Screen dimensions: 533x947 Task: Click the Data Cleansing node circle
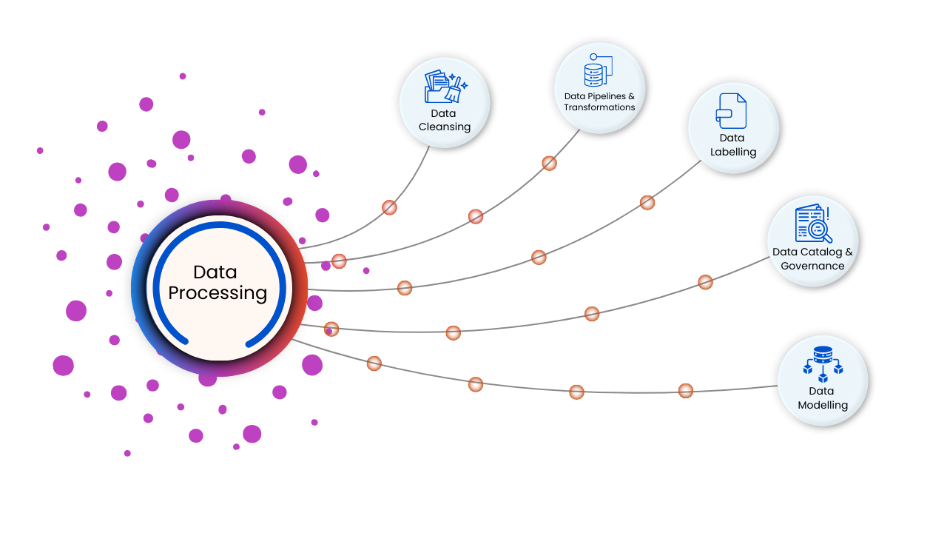tap(445, 102)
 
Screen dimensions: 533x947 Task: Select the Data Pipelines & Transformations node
tap(599, 87)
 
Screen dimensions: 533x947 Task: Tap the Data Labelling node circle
tap(733, 127)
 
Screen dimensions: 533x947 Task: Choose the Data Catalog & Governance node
tap(812, 241)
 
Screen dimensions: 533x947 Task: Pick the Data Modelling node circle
tap(823, 381)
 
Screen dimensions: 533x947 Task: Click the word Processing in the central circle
tap(218, 293)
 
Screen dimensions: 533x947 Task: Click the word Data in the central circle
tap(215, 272)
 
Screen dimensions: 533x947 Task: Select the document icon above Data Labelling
tap(731, 111)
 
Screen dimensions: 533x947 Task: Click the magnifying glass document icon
tap(813, 224)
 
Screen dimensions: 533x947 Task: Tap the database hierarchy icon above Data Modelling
tap(823, 365)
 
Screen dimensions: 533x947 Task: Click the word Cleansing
tap(445, 127)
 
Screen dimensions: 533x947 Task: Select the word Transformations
tap(599, 107)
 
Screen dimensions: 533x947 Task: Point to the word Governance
tap(812, 266)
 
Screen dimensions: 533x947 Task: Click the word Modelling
tap(823, 405)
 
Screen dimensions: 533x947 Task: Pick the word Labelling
tap(733, 152)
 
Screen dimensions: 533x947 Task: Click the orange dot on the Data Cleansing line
tap(389, 207)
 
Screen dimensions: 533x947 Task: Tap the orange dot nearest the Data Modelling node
tap(686, 390)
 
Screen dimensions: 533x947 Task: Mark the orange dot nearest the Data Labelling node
tap(647, 202)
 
